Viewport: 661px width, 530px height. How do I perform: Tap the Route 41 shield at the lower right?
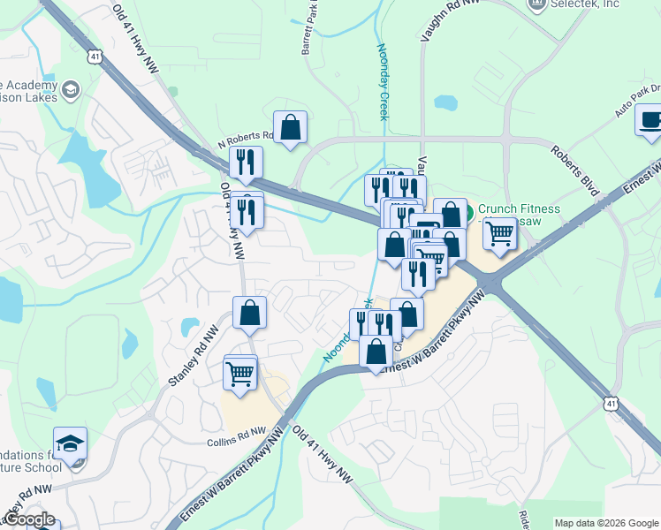[612, 403]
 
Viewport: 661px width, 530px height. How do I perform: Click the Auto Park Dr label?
[637, 101]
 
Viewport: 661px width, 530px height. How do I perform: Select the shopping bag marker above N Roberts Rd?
[290, 127]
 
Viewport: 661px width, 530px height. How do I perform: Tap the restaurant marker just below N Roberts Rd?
[246, 162]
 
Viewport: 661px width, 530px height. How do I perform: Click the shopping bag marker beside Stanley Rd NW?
[250, 312]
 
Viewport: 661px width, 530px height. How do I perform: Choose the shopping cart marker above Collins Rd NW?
[240, 373]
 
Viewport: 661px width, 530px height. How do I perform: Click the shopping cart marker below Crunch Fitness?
[500, 234]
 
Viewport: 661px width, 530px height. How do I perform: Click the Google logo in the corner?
[29, 519]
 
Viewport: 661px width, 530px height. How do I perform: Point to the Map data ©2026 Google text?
[605, 523]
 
